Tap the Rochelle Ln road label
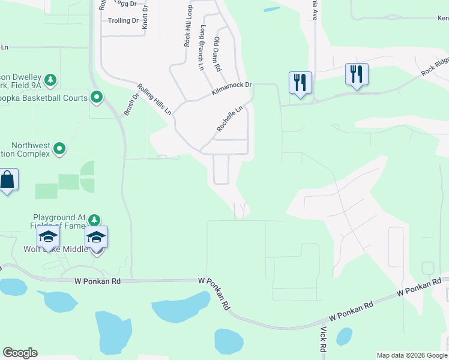(x=230, y=119)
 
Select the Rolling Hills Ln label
(x=154, y=99)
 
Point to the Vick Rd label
(x=323, y=340)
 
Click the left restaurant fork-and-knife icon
(x=300, y=82)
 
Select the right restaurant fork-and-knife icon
(x=357, y=74)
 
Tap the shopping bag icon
(x=7, y=180)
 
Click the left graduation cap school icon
(x=48, y=237)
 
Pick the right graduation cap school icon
(x=96, y=238)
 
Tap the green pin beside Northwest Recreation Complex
(x=59, y=148)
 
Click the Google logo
(x=20, y=353)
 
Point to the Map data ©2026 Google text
(x=412, y=355)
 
